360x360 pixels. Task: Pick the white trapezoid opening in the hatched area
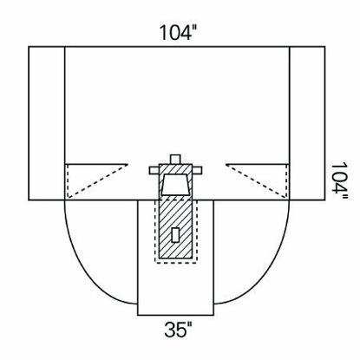[x=176, y=185]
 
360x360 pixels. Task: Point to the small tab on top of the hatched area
[x=176, y=159]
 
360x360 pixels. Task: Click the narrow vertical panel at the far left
[x=47, y=121]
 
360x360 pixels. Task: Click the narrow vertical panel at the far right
[x=306, y=121]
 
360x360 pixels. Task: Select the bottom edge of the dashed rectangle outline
[x=176, y=261]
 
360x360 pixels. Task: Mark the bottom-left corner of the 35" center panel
[x=138, y=315]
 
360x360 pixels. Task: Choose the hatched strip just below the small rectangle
[x=176, y=250]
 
